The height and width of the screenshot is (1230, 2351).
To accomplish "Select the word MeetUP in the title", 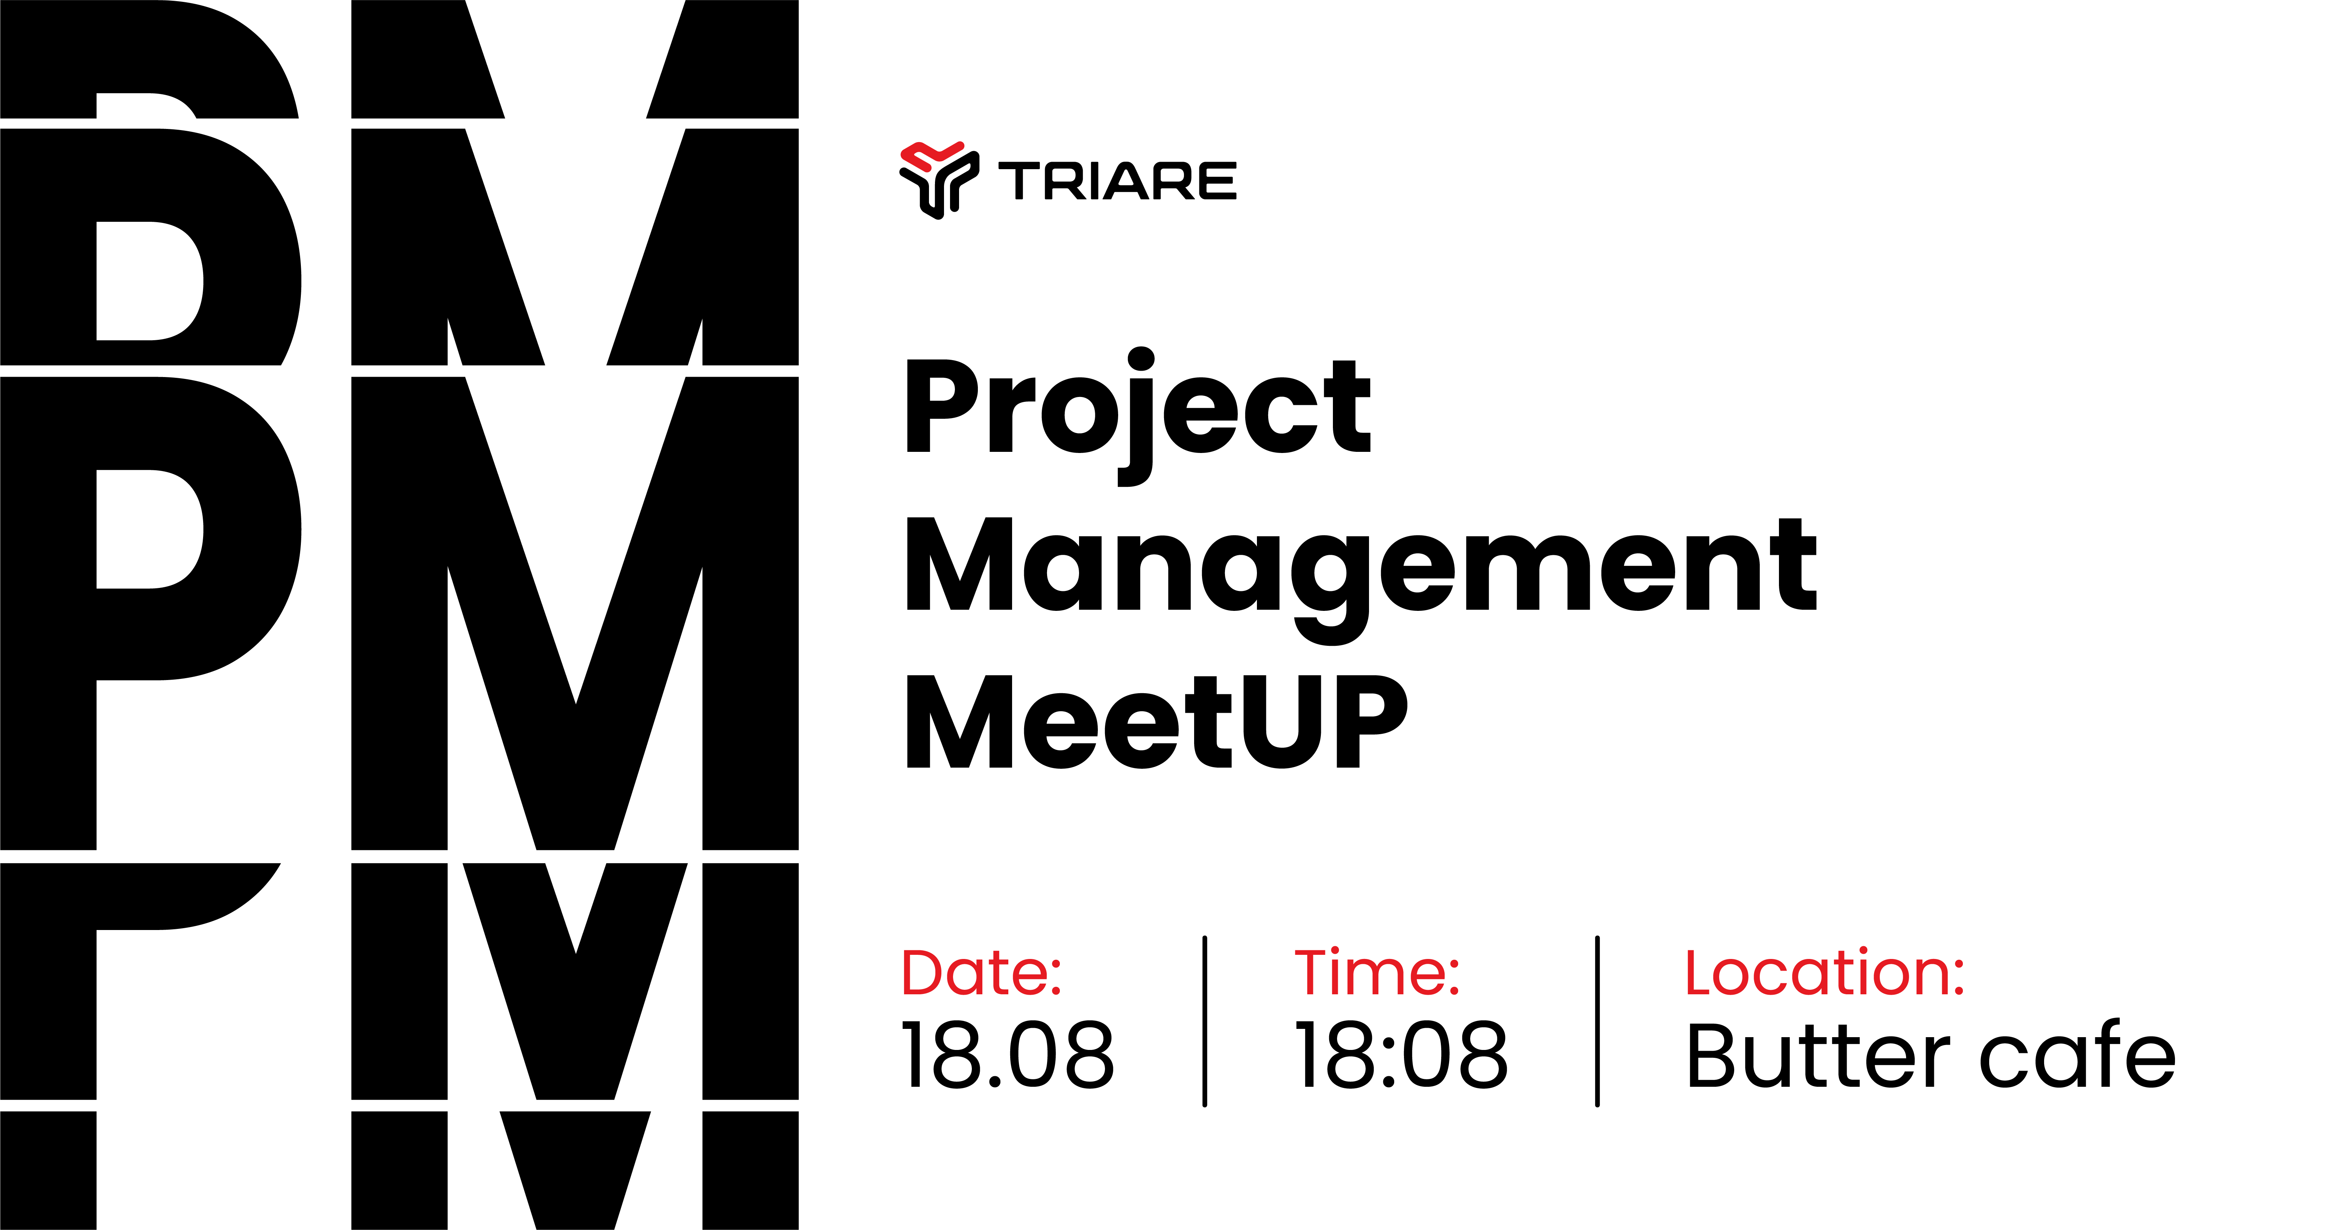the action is [1157, 721].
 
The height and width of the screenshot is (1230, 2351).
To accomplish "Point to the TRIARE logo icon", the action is [939, 181].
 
